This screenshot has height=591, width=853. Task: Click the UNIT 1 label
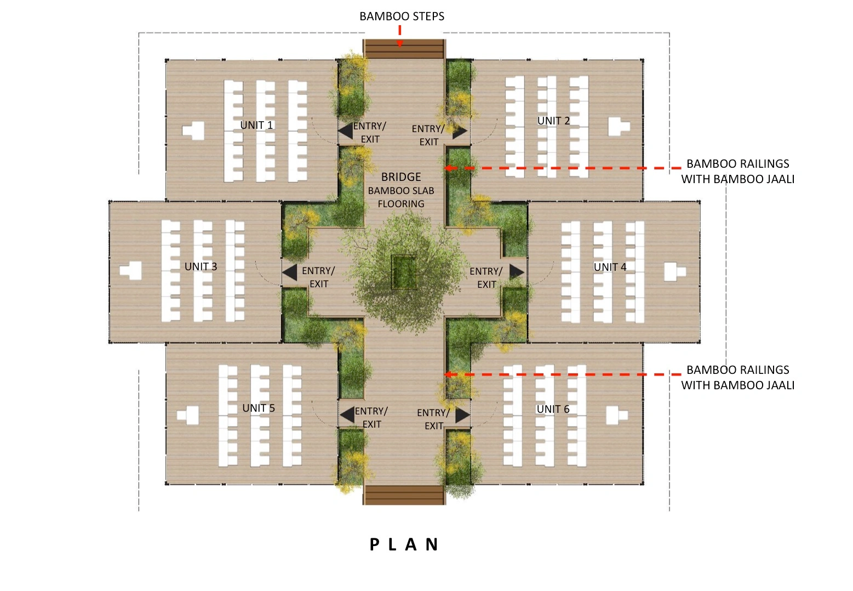pyautogui.click(x=256, y=125)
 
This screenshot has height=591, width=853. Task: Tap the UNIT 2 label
pyautogui.click(x=553, y=121)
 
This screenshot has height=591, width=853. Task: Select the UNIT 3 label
pyautogui.click(x=201, y=266)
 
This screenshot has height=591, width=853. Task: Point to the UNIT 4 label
pyautogui.click(x=610, y=267)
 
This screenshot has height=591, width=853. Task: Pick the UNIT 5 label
pyautogui.click(x=259, y=408)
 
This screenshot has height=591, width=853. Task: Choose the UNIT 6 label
pyautogui.click(x=553, y=409)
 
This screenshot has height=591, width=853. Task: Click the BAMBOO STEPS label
pyautogui.click(x=402, y=16)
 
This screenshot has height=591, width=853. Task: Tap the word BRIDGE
pyautogui.click(x=401, y=177)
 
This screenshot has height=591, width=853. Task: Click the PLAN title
pyautogui.click(x=405, y=544)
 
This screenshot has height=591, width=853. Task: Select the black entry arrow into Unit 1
pyautogui.click(x=345, y=131)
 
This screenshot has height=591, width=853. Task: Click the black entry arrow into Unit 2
pyautogui.click(x=460, y=132)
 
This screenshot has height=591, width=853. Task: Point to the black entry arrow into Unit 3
pyautogui.click(x=290, y=273)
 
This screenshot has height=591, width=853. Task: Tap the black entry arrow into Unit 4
pyautogui.click(x=517, y=272)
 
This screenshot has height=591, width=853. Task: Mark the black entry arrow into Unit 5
pyautogui.click(x=347, y=415)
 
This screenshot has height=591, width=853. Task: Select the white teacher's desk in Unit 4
pyautogui.click(x=675, y=272)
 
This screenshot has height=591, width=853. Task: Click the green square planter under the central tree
pyautogui.click(x=404, y=272)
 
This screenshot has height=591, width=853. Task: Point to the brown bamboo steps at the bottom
pyautogui.click(x=404, y=495)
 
